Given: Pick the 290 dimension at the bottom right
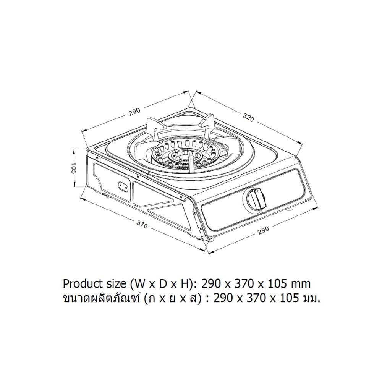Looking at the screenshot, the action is pyautogui.click(x=263, y=230).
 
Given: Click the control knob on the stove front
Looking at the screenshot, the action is pyautogui.click(x=256, y=199).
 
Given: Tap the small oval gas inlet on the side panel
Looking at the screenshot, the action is pyautogui.click(x=123, y=186).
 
